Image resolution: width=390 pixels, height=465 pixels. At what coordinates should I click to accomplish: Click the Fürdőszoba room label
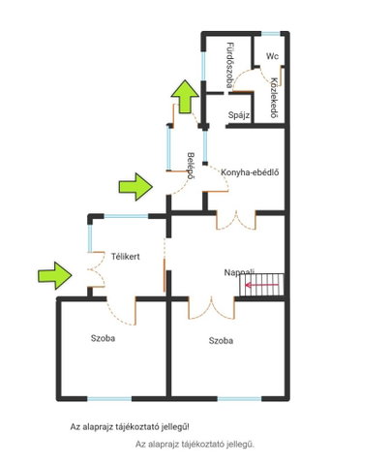coord(229,65)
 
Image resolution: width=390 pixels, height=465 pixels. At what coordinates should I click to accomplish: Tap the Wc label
coord(272,56)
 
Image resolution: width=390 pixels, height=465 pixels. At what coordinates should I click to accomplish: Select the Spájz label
coord(239,115)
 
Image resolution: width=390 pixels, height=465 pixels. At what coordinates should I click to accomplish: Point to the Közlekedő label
coord(274,98)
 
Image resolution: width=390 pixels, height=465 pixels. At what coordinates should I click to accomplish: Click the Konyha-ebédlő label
coord(250,172)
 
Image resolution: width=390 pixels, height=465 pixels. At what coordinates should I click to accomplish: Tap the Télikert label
coord(126,257)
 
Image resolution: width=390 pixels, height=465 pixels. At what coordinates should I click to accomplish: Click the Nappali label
coord(239,272)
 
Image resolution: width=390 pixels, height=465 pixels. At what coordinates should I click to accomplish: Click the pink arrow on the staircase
coord(261,285)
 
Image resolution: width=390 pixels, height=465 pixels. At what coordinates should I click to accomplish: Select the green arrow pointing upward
coord(185,96)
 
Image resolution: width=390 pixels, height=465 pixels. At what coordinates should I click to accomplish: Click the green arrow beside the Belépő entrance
coord(135,187)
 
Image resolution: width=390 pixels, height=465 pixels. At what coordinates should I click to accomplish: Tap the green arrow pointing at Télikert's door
coord(55,275)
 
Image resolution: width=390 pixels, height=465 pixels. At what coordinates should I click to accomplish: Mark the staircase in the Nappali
coord(261,285)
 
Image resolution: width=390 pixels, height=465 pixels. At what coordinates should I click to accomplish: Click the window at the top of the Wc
coord(270,34)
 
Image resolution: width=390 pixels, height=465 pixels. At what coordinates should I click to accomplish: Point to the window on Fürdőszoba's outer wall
coord(203,66)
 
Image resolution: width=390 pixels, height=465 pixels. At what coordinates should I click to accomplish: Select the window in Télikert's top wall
coord(126,216)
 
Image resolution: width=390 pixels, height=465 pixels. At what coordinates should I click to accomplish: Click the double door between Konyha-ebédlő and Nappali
coord(236,220)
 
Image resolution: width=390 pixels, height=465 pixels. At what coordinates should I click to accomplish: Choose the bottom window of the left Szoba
coord(109,399)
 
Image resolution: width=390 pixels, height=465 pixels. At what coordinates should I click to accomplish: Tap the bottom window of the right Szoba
coord(239,399)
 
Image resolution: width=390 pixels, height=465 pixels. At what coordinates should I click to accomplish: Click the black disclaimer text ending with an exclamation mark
coord(130,427)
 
